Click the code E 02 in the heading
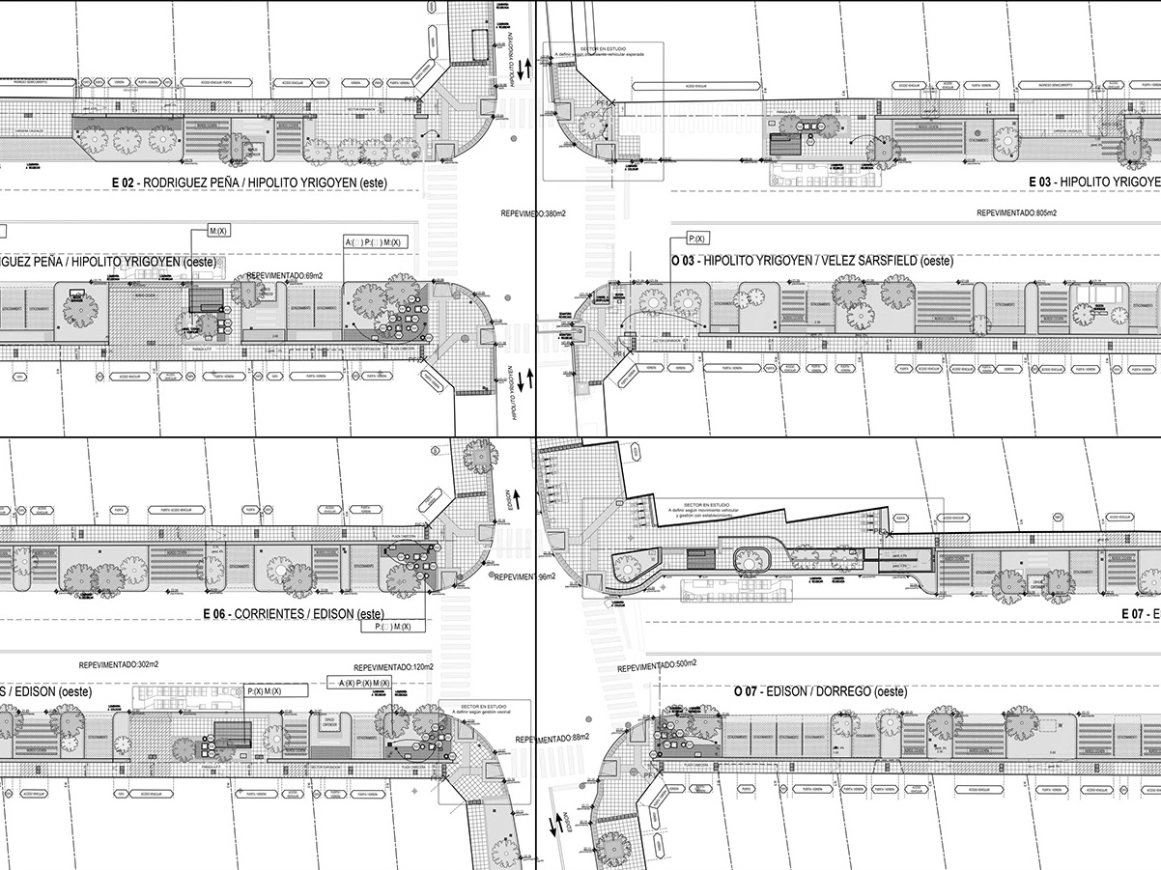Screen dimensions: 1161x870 click(x=124, y=182)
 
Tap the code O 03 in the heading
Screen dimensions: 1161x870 click(x=684, y=262)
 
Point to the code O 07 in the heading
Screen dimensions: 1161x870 click(x=744, y=691)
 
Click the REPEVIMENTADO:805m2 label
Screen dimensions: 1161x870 click(x=1016, y=212)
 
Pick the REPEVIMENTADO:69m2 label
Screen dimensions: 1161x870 click(x=285, y=276)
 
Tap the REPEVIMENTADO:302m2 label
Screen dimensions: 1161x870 click(x=120, y=665)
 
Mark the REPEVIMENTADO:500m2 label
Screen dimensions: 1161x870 click(x=658, y=666)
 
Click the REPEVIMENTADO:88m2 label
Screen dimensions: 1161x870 click(x=552, y=739)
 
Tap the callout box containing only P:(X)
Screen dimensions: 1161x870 click(x=697, y=238)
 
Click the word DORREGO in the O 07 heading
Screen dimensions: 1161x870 click(x=844, y=691)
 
